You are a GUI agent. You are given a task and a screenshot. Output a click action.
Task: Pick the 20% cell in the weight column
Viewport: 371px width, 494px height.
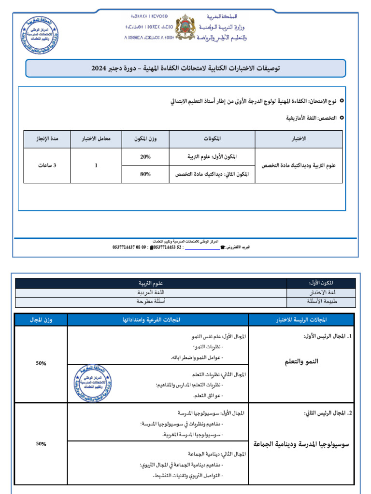click(145, 157)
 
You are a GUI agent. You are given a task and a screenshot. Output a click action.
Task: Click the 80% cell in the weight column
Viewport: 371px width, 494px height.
click(145, 175)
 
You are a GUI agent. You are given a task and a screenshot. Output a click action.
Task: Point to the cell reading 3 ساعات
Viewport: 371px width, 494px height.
click(47, 165)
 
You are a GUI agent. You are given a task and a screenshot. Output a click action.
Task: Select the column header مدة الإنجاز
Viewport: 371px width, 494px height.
click(47, 139)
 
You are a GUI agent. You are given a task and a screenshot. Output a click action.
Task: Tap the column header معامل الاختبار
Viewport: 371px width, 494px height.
click(96, 139)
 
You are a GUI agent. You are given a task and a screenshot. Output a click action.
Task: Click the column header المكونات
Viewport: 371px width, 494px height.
click(212, 139)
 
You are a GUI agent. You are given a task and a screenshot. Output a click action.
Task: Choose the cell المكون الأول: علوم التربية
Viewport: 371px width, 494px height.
click(213, 157)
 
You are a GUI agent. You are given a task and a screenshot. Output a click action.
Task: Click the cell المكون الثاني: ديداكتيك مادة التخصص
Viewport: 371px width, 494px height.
click(212, 175)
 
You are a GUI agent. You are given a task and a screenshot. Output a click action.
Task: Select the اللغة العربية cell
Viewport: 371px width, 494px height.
click(151, 293)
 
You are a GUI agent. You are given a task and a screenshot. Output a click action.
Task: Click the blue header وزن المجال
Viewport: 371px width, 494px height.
click(41, 319)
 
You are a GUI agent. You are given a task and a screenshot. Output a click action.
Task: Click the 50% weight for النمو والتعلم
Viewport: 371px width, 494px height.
click(41, 363)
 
